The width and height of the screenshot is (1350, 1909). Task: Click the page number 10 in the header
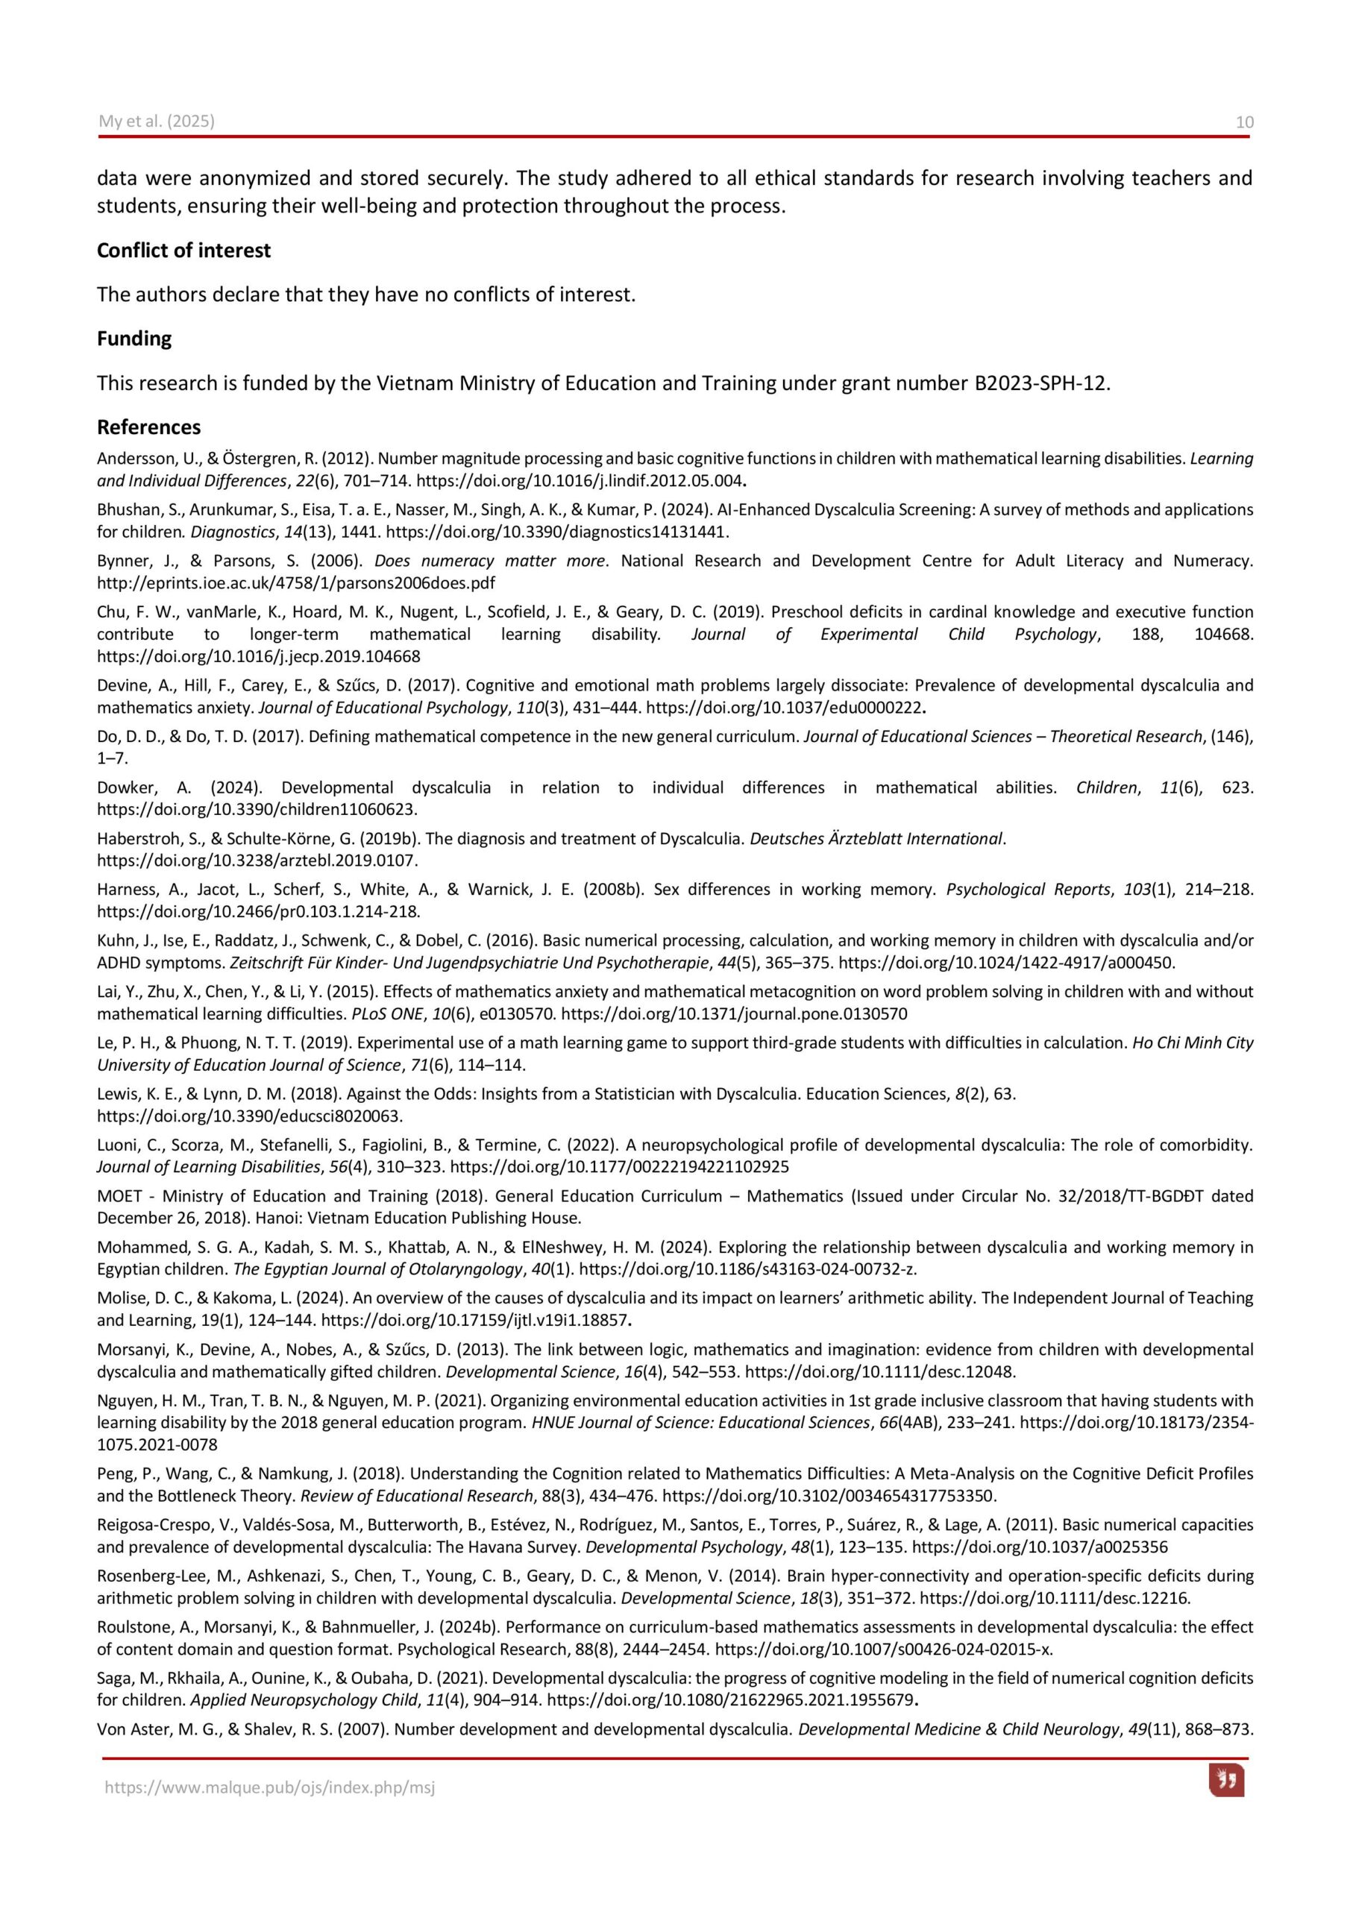click(1243, 122)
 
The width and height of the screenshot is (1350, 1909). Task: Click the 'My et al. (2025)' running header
click(157, 122)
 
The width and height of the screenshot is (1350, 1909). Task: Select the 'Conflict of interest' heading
click(183, 251)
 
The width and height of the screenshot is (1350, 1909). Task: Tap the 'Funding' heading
click(134, 339)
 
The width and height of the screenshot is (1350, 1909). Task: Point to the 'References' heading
click(149, 427)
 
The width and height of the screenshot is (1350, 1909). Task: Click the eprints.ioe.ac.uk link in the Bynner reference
click(296, 583)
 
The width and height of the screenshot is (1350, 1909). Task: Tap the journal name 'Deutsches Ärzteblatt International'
click(876, 838)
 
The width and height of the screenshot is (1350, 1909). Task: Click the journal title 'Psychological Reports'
click(1028, 890)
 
